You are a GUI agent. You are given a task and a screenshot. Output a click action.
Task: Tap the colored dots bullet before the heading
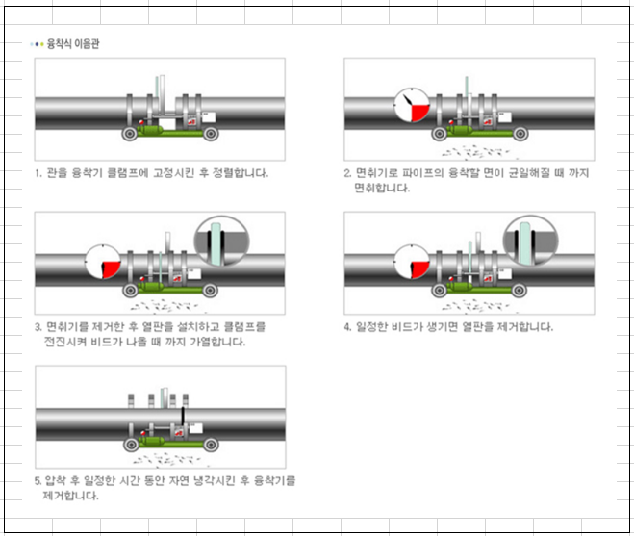tap(38, 44)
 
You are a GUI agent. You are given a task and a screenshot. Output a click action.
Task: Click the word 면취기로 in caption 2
tap(373, 173)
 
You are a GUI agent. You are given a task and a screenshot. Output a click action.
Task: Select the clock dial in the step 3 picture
tap(102, 261)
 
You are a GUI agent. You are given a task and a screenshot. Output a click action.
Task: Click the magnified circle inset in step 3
tap(221, 241)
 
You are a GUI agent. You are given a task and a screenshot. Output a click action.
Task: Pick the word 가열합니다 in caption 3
tap(220, 342)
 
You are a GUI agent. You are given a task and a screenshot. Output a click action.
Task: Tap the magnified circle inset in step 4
tap(531, 241)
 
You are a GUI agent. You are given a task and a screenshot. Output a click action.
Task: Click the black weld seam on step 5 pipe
tap(183, 417)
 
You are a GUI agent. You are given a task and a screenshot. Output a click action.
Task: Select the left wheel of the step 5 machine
tap(129, 443)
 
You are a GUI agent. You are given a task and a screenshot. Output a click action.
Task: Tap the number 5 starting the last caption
tap(38, 480)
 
